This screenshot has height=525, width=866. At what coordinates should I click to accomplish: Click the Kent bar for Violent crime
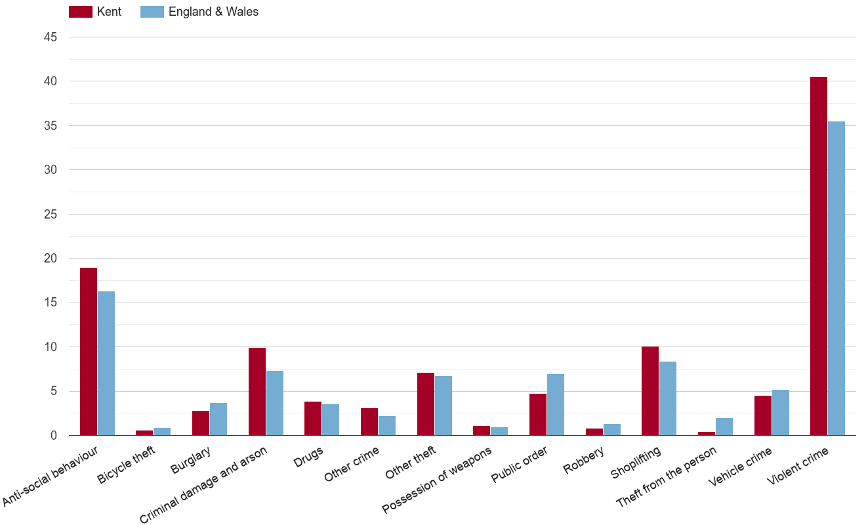click(819, 256)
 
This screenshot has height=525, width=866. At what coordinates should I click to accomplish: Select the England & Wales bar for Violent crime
click(836, 278)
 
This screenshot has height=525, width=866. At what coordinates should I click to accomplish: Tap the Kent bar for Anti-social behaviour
click(89, 351)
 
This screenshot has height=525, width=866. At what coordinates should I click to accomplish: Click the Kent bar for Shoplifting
click(650, 390)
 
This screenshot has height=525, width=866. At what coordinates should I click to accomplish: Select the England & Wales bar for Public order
click(556, 404)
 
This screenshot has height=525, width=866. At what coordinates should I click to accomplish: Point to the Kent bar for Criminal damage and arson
click(257, 391)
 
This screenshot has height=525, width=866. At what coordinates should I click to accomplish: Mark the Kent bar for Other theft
click(426, 404)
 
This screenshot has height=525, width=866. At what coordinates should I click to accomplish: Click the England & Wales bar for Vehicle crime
click(781, 412)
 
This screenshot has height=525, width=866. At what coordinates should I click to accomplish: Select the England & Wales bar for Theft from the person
click(724, 427)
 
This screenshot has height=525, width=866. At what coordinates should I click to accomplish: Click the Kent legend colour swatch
click(81, 12)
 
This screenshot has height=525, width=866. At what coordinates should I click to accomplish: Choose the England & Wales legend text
click(213, 12)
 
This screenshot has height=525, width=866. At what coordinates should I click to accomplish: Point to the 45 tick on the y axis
click(51, 37)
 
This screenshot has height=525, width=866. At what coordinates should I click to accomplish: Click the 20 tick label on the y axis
click(51, 259)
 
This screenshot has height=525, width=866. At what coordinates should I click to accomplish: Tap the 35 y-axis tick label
click(51, 126)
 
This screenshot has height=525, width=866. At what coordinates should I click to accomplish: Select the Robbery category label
click(583, 460)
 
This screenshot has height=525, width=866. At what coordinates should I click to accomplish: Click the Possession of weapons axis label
click(437, 480)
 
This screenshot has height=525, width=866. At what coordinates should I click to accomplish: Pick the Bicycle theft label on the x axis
click(127, 465)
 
